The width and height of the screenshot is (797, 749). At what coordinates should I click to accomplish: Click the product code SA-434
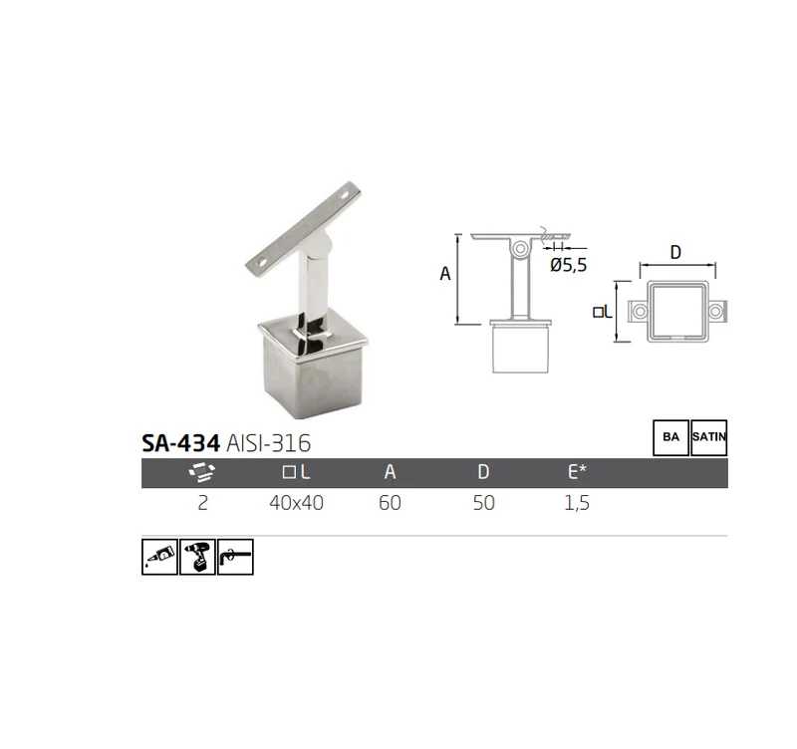pyautogui.click(x=180, y=443)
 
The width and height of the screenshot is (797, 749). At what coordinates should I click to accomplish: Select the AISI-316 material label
pyautogui.click(x=268, y=443)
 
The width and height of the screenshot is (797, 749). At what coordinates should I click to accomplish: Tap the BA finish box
pyautogui.click(x=670, y=437)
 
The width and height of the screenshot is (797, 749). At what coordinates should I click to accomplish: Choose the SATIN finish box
pyautogui.click(x=709, y=437)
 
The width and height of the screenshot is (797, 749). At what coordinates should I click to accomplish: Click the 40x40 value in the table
pyautogui.click(x=296, y=503)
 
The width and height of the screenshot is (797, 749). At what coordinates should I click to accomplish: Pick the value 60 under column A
pyautogui.click(x=390, y=503)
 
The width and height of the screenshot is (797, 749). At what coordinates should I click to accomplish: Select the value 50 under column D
pyautogui.click(x=483, y=503)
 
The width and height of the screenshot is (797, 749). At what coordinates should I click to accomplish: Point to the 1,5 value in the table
pyautogui.click(x=577, y=503)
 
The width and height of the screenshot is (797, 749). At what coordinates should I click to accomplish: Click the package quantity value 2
pyautogui.click(x=203, y=503)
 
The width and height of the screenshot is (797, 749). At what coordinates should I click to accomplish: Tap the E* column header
pyautogui.click(x=577, y=472)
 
